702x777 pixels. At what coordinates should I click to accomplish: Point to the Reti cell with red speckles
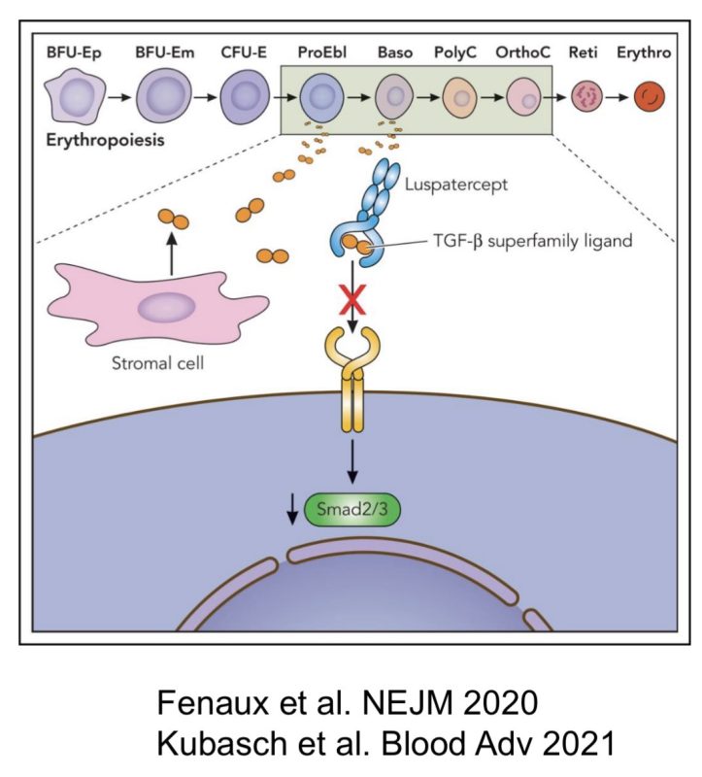tap(585, 97)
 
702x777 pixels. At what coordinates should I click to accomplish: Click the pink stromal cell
tap(155, 309)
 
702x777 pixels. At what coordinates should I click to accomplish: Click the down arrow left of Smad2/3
tap(291, 510)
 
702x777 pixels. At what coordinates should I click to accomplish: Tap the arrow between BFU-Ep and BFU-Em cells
tap(117, 98)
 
